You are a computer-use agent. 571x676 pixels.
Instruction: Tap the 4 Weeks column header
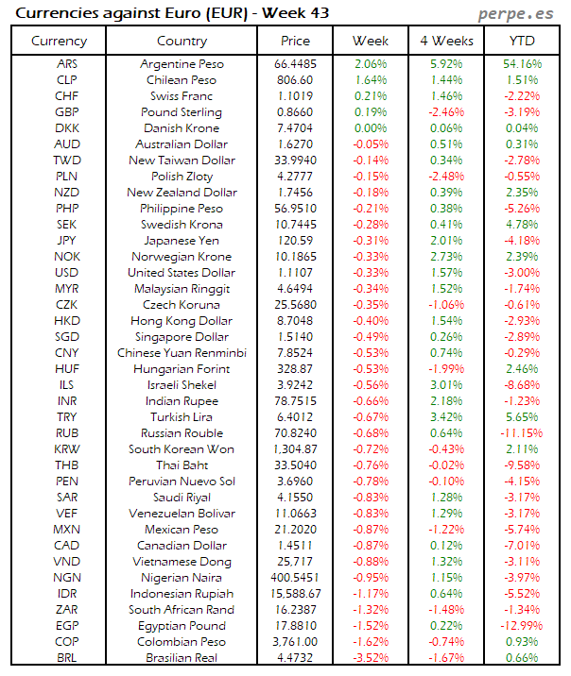[446, 42]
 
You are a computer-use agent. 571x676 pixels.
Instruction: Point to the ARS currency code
[67, 63]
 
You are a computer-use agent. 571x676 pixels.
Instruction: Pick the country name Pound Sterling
[182, 111]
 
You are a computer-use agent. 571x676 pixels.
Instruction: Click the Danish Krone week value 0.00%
[370, 127]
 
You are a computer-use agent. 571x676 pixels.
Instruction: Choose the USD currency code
[67, 272]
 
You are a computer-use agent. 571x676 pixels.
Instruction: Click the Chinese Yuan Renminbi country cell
[182, 352]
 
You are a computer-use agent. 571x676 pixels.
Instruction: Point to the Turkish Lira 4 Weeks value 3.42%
[445, 416]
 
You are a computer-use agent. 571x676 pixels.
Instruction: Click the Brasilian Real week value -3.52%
[370, 657]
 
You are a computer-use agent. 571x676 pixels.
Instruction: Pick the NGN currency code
[67, 577]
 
